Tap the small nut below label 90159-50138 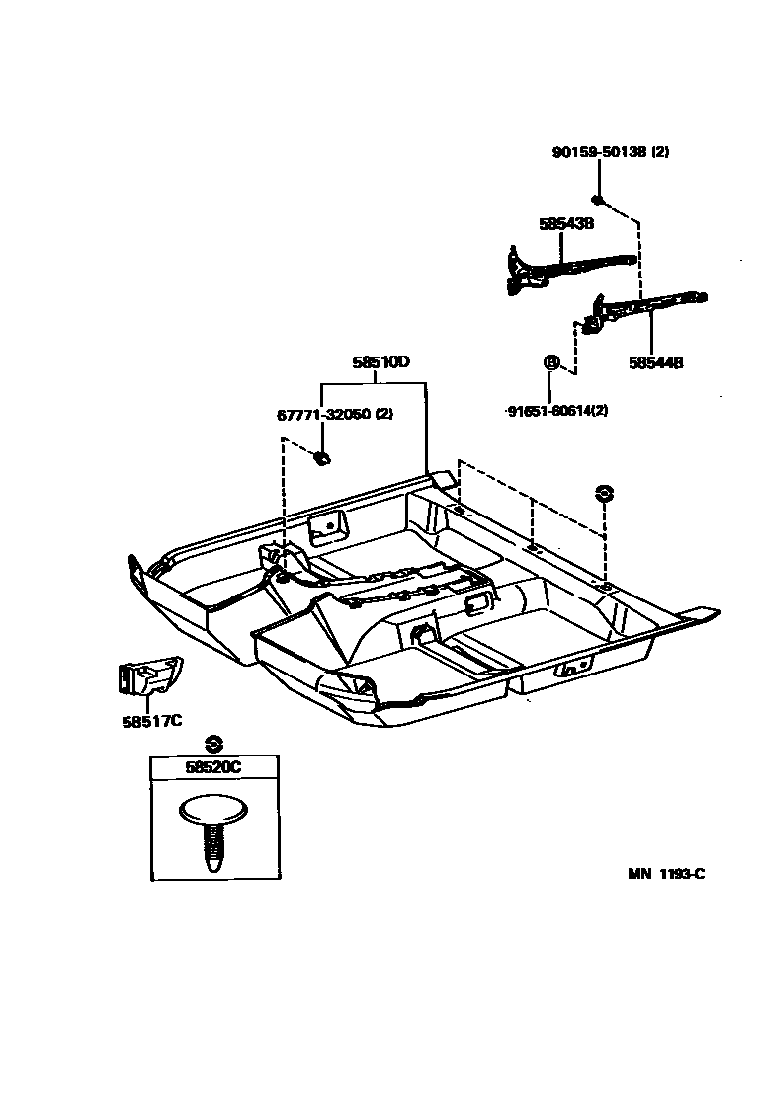click(599, 199)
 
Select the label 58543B click(566, 224)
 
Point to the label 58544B click(655, 362)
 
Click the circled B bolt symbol click(550, 362)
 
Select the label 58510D click(380, 362)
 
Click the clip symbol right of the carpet click(604, 492)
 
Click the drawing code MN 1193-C click(666, 874)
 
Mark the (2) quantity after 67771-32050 click(384, 415)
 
